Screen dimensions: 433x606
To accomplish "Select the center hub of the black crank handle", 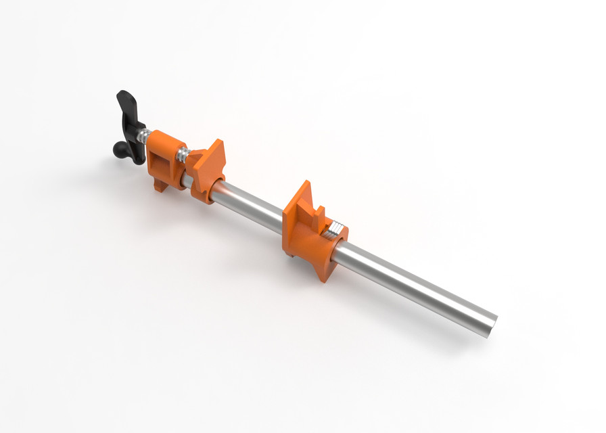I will pos(135,135).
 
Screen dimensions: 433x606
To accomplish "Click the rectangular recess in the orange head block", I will pos(160,162).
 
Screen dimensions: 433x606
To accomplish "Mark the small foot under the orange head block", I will pos(159,186).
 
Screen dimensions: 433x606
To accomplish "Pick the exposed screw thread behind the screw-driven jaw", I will pos(182,156).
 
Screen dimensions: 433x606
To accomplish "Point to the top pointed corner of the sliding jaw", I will pos(305,183).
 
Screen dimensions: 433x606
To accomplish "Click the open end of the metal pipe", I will pos(488,325).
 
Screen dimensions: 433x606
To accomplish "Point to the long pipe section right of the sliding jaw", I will pos(413,284).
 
